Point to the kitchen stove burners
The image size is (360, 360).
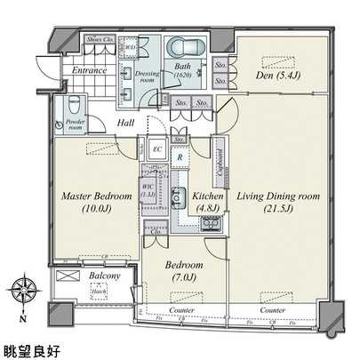click(x=211, y=222)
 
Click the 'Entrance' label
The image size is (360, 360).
click(x=90, y=69)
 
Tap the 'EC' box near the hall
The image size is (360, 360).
click(x=156, y=148)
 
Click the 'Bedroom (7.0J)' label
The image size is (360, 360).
click(x=185, y=271)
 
